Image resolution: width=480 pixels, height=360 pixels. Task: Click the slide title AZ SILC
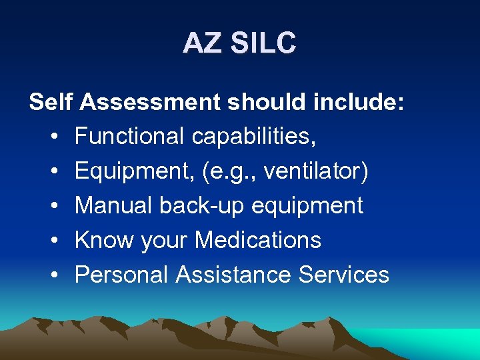click(x=239, y=43)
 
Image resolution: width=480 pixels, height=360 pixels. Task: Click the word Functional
click(x=129, y=137)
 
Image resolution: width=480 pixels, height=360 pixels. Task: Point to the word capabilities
click(x=254, y=137)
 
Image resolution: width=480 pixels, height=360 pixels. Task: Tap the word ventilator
click(x=315, y=171)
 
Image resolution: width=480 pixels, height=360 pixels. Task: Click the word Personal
click(x=121, y=275)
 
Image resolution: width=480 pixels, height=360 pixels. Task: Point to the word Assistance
click(x=234, y=275)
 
